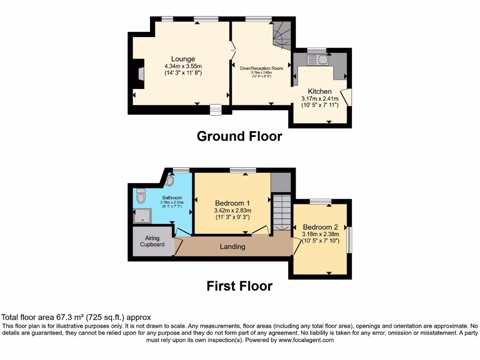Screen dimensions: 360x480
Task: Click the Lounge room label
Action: pyautogui.click(x=183, y=59)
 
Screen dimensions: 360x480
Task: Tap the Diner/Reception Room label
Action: pyautogui.click(x=262, y=68)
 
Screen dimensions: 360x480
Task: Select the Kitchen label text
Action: pyautogui.click(x=320, y=91)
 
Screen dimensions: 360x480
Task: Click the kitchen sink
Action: pyautogui.click(x=318, y=60)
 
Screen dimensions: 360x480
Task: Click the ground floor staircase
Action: pyautogui.click(x=282, y=36)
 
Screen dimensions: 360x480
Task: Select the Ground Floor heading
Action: pyautogui.click(x=239, y=136)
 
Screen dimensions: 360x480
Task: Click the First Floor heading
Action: pyautogui.click(x=239, y=286)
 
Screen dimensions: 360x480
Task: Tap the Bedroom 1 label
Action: pyautogui.click(x=232, y=203)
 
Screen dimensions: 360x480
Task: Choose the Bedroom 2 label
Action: pyautogui.click(x=320, y=226)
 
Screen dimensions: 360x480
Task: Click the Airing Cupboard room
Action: pyautogui.click(x=152, y=241)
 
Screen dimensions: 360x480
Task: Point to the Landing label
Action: pyautogui.click(x=232, y=247)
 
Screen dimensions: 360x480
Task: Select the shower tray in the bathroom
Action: pyautogui.click(x=142, y=216)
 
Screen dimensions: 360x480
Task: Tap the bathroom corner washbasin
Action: pyautogui.click(x=170, y=180)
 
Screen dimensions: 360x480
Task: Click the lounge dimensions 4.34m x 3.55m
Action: pyautogui.click(x=183, y=67)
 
